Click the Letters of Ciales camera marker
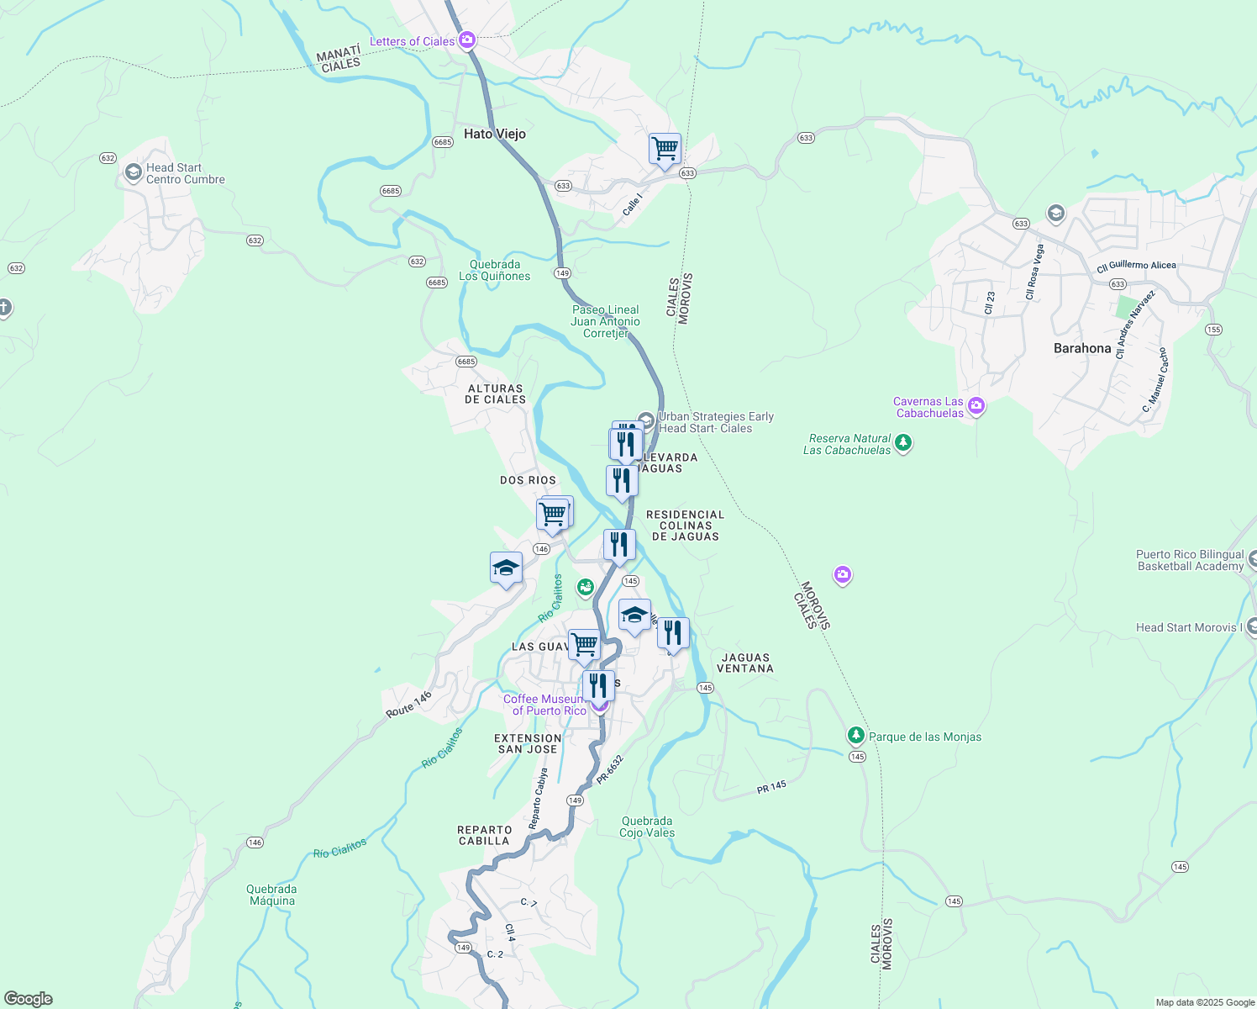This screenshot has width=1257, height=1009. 467,40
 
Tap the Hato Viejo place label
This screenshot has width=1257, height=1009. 495,134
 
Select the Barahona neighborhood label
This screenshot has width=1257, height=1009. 1082,348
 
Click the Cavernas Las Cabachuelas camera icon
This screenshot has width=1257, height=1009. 976,406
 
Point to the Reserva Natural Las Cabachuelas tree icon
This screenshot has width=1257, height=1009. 903,442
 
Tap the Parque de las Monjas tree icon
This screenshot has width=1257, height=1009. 855,736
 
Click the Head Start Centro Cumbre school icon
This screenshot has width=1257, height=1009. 133,172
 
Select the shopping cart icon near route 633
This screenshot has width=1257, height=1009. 665,149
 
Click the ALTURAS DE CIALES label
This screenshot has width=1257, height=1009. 495,394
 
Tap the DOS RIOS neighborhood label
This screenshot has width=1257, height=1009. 528,480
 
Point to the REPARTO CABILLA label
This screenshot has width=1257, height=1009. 484,835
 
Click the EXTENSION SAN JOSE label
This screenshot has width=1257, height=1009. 528,743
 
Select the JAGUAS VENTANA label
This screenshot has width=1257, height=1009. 745,663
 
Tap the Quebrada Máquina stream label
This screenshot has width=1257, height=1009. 271,895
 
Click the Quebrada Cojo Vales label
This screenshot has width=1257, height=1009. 647,827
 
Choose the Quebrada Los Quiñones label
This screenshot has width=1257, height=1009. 495,270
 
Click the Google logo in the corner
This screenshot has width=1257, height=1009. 29,998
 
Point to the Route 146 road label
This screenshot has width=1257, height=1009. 409,704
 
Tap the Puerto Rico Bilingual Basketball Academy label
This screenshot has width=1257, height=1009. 1190,560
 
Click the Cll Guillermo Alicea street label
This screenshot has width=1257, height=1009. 1136,266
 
